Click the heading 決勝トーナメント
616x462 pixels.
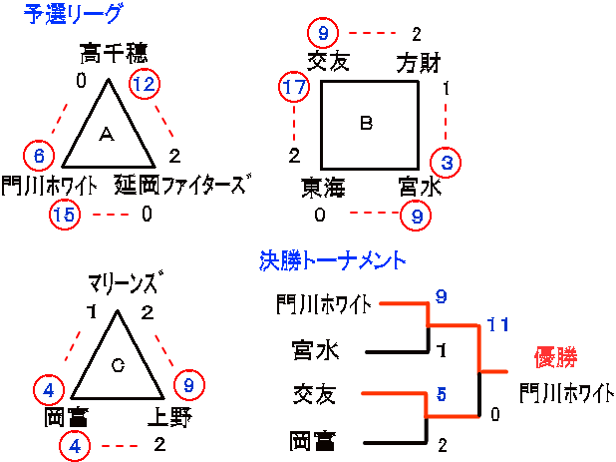point(331,261)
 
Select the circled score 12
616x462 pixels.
point(145,85)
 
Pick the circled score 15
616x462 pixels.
point(63,214)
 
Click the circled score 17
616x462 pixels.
point(294,88)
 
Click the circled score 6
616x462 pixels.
point(39,156)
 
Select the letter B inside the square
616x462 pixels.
point(366,124)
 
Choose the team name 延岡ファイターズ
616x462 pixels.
point(180,185)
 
